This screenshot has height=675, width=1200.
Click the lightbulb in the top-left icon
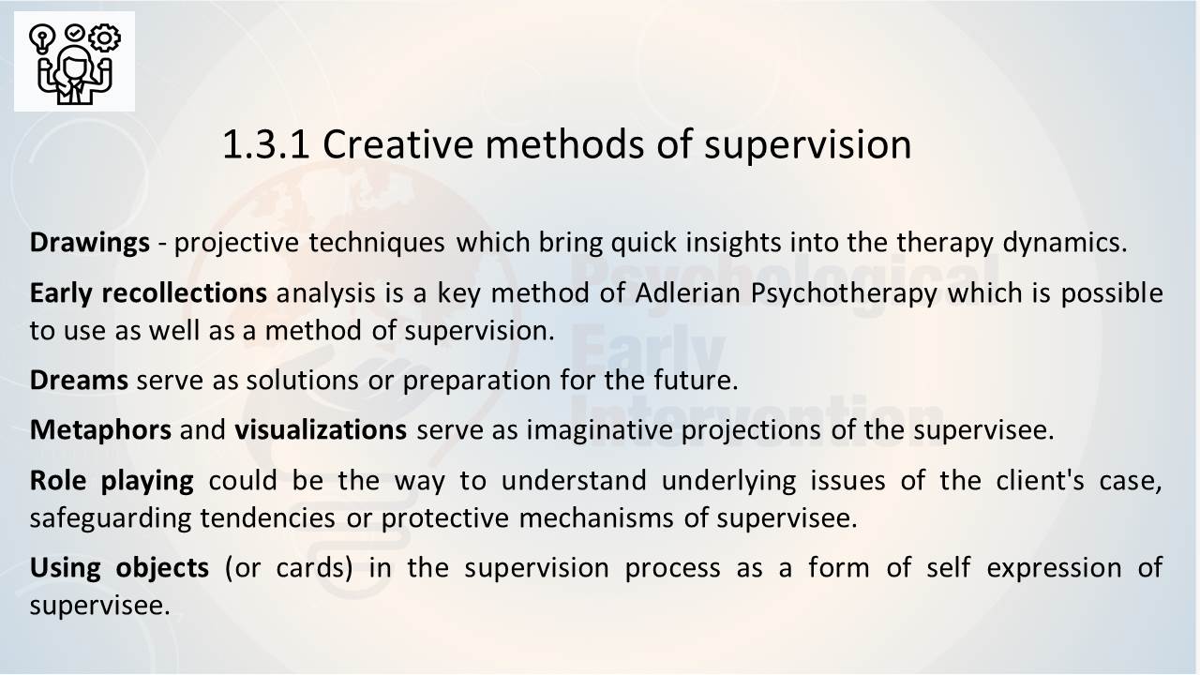(x=42, y=39)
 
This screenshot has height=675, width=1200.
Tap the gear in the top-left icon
(x=104, y=37)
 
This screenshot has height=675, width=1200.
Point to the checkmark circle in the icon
(x=74, y=33)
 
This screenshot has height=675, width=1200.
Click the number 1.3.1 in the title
(x=265, y=144)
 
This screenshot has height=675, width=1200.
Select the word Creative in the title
(x=398, y=144)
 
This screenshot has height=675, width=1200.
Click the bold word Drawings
(x=89, y=243)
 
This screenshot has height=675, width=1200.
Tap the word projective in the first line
(x=236, y=243)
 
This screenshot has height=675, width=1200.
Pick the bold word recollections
(x=185, y=293)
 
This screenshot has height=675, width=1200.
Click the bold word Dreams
(x=79, y=381)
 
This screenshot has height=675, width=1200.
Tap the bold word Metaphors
(x=100, y=430)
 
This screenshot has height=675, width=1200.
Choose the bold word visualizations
(x=321, y=430)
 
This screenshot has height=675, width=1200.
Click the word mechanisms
(x=595, y=518)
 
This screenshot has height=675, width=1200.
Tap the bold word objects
(x=162, y=568)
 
